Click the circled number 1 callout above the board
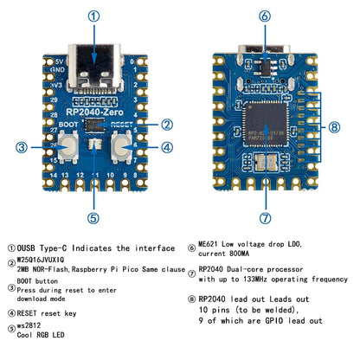point(93,15)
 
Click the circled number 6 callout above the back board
point(263,15)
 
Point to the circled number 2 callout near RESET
point(167,125)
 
